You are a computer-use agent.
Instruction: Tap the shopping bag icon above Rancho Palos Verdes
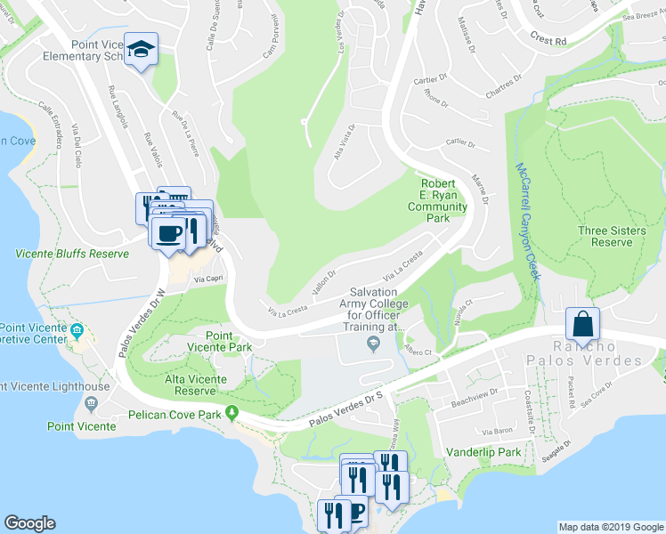[x=582, y=325]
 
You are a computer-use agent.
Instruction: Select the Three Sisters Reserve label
[x=612, y=236]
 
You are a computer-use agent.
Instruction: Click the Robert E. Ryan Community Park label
[x=437, y=200]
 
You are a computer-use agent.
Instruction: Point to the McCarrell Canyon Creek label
[x=526, y=222]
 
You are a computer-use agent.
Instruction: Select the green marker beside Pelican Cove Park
[x=233, y=412]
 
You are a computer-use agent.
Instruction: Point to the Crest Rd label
[x=548, y=41]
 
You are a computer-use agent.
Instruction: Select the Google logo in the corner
[x=29, y=523]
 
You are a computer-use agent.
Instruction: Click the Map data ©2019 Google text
[x=611, y=527]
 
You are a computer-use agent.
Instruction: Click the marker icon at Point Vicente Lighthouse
[x=90, y=403]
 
